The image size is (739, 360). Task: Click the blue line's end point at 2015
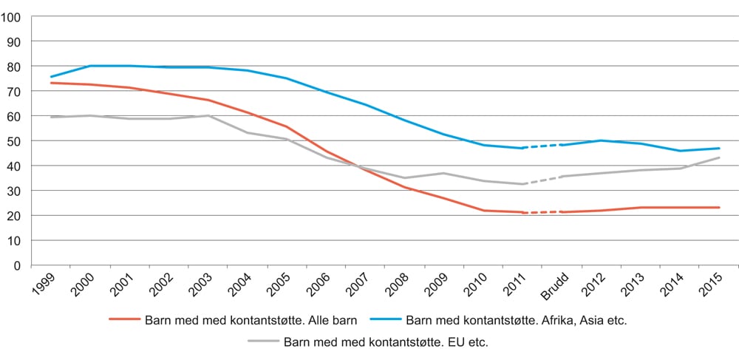[x=719, y=149]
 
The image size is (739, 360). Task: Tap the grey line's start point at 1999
[x=51, y=117]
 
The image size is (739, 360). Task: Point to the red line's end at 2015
[x=719, y=208]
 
